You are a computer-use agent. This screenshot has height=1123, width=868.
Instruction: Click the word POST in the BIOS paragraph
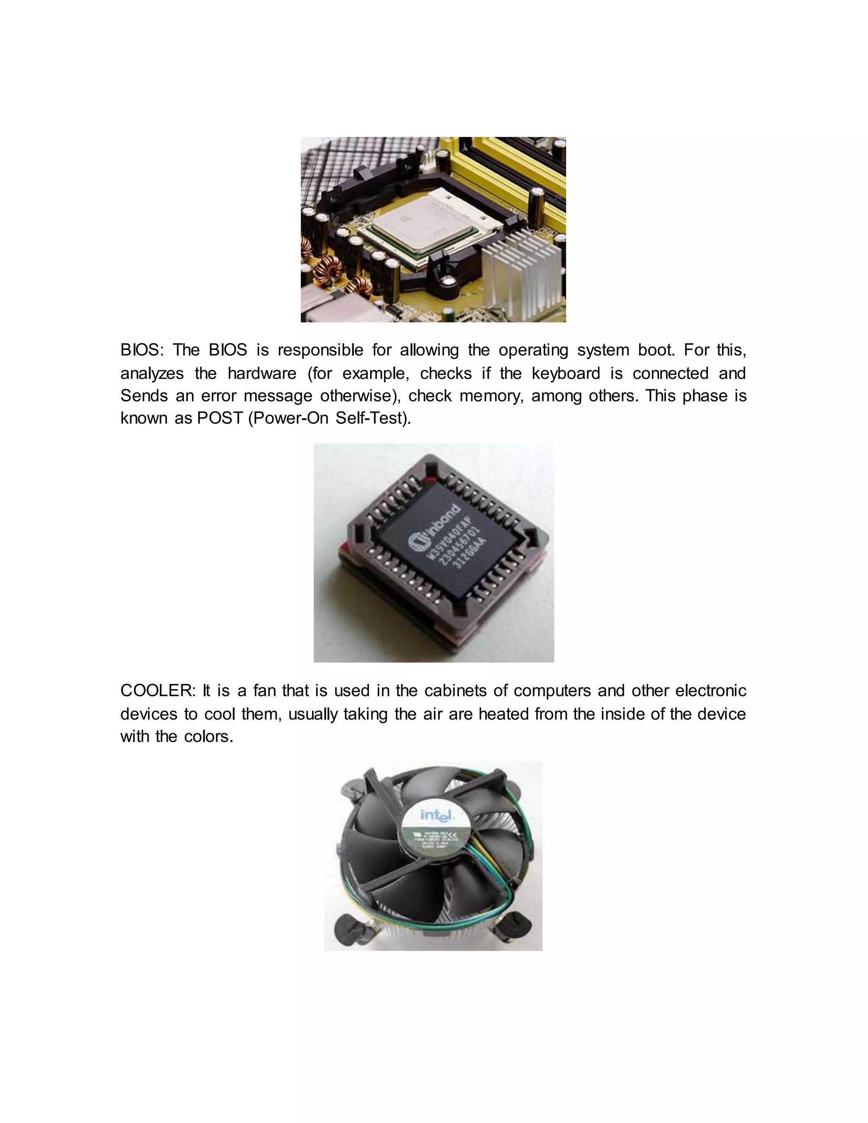[220, 418]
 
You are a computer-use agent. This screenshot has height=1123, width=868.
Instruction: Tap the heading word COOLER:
[158, 691]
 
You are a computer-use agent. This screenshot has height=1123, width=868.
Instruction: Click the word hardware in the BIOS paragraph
[262, 373]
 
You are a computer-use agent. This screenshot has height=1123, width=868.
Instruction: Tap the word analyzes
[152, 374]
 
